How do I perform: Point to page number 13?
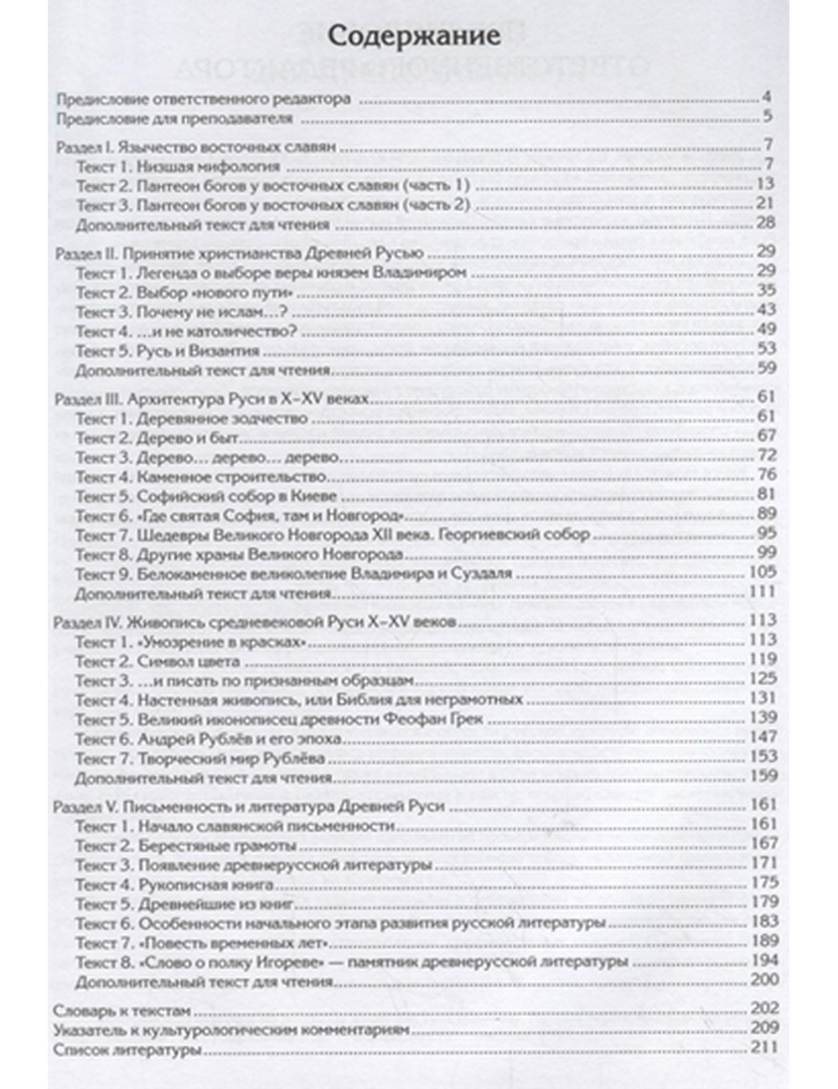[x=767, y=184]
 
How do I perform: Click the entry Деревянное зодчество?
[x=221, y=417]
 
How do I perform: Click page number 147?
[x=764, y=737]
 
